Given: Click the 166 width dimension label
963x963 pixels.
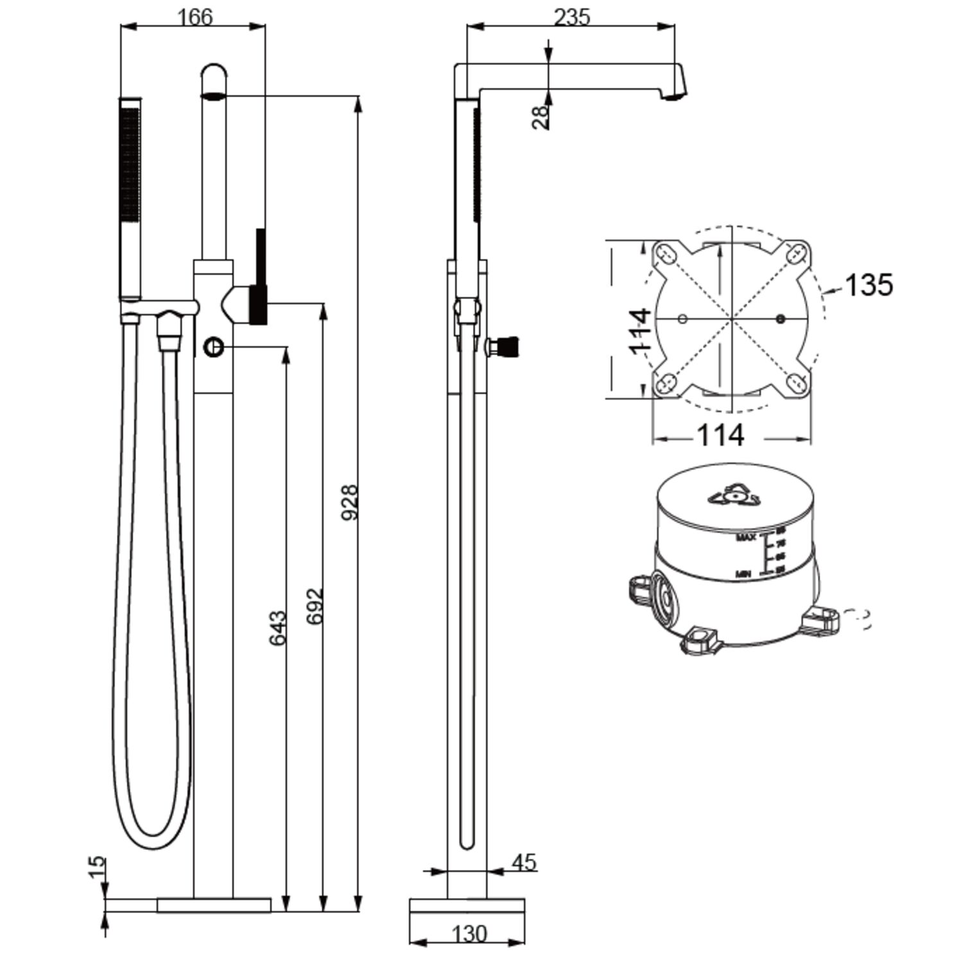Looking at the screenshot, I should tap(195, 17).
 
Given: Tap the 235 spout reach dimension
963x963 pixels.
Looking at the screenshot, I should tap(571, 17).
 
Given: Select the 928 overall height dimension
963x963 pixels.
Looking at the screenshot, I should tap(349, 502).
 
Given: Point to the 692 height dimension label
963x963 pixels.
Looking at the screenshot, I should tap(315, 605).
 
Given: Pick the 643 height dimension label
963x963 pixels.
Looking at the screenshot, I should tap(277, 629).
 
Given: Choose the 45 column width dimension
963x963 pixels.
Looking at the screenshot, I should tap(524, 862).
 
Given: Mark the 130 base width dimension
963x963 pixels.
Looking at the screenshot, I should tap(469, 933).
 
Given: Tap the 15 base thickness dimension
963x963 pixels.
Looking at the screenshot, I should tap(96, 867).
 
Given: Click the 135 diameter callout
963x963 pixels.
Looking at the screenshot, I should tap(868, 285).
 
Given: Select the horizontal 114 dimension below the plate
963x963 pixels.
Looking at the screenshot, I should tap(720, 435).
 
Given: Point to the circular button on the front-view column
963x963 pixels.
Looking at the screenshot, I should tap(214, 348).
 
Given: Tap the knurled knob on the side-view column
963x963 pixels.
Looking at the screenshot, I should tap(507, 347).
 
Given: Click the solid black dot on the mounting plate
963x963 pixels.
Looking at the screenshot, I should tap(781, 319).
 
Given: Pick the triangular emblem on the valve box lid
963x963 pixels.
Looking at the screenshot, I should tap(732, 496).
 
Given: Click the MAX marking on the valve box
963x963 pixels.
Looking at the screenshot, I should tap(746, 537).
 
